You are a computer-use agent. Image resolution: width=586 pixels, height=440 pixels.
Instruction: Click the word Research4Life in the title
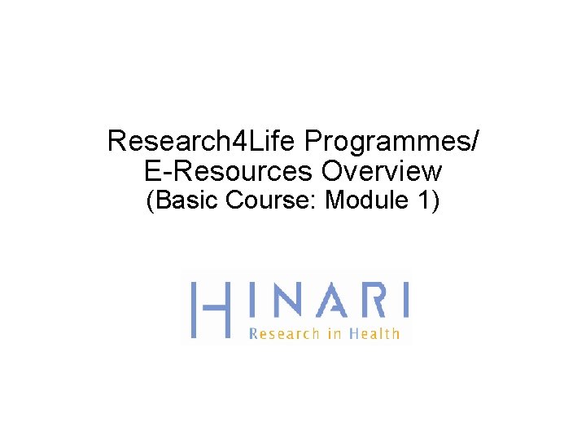tap(202, 142)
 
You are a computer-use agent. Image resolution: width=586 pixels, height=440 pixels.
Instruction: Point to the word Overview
tap(382, 172)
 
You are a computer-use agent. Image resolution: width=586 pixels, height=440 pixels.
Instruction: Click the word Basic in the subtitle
tap(186, 200)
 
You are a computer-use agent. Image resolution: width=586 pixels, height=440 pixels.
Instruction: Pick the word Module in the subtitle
tap(363, 200)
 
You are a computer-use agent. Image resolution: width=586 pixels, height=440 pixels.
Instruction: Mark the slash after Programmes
tap(474, 142)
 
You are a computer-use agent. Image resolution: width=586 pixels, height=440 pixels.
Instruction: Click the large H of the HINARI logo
tap(209, 310)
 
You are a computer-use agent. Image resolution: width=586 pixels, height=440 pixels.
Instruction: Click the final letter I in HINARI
tap(403, 300)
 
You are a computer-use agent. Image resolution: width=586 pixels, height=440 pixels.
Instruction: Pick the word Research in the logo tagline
tap(284, 332)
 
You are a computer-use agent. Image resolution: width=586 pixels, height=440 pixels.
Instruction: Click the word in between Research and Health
tap(334, 332)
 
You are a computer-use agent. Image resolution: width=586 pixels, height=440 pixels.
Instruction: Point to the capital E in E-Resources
tap(152, 172)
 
